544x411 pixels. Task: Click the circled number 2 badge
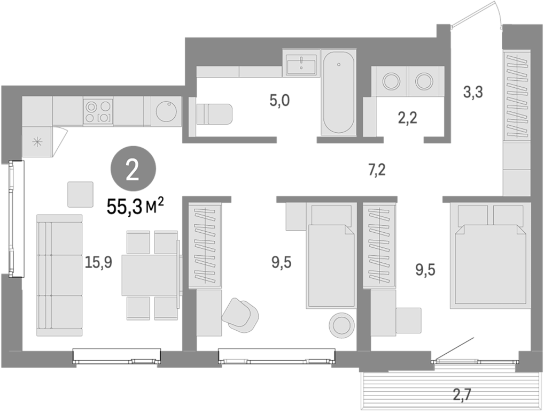point(133,169)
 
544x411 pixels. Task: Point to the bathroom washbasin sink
point(301,65)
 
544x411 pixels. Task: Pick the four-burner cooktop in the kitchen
point(98,111)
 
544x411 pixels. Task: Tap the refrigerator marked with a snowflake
point(37,142)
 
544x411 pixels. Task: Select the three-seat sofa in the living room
point(59,275)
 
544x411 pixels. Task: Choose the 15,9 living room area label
point(98,262)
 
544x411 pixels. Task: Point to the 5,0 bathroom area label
point(279,101)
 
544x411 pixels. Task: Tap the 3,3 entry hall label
point(473,93)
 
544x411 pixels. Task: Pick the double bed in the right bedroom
point(491,255)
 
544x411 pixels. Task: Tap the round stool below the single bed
point(341,324)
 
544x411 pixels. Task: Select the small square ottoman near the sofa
point(81,194)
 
